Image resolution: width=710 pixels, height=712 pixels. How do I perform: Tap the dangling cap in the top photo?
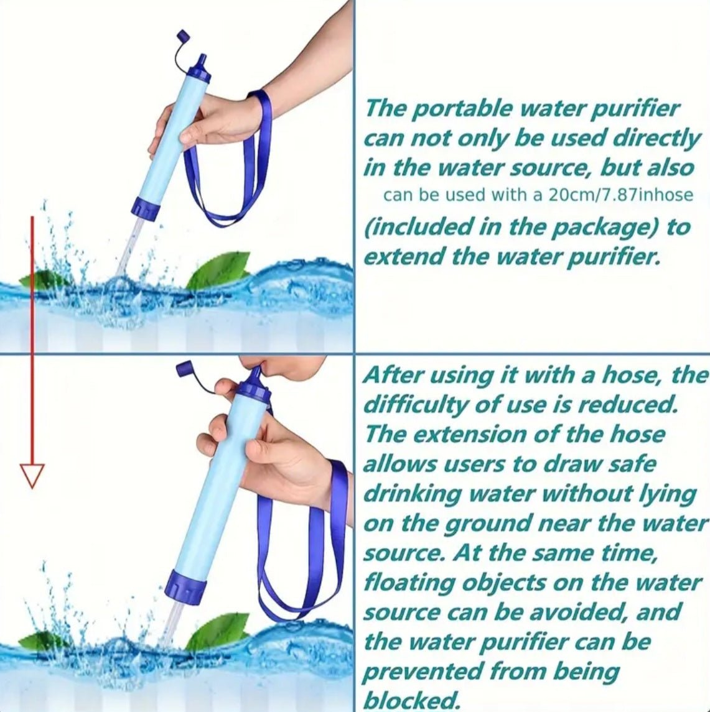click(182, 35)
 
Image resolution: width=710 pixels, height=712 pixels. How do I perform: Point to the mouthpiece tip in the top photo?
click(203, 58)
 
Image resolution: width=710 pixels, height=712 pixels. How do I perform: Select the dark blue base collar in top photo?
click(145, 209)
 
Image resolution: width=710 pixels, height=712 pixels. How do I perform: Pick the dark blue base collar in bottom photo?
click(185, 586)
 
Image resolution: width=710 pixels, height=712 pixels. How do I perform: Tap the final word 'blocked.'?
click(411, 700)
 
